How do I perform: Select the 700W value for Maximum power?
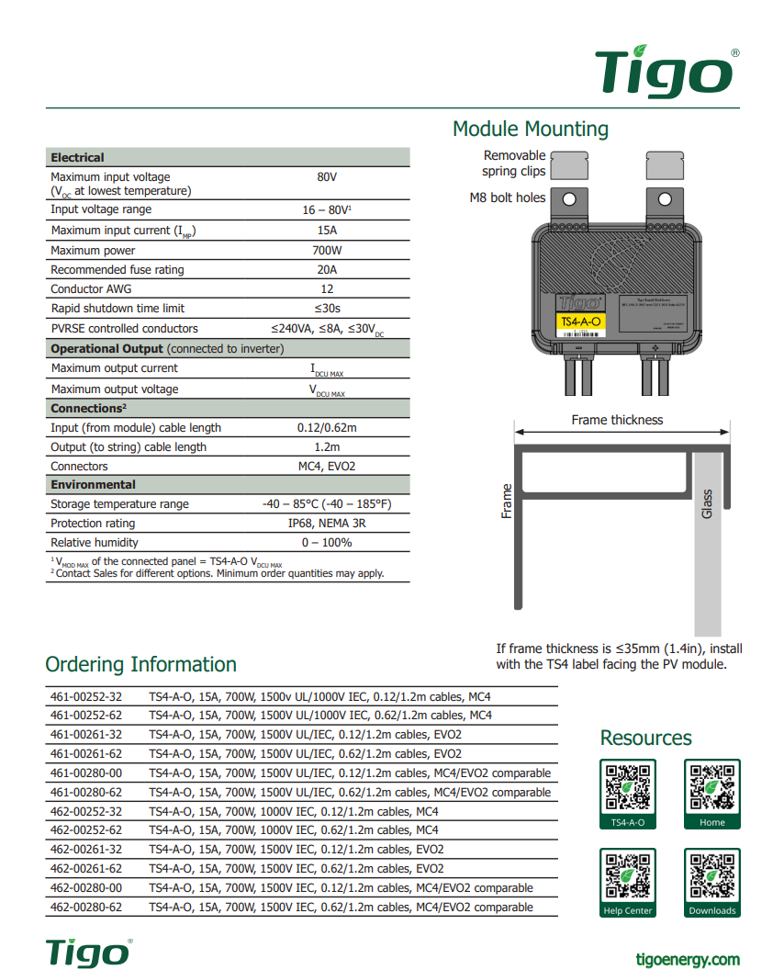(327, 251)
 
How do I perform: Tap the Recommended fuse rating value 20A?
(327, 270)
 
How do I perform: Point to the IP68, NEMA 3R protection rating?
(327, 524)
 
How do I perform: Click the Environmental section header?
(93, 485)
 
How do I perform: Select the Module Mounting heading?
(530, 129)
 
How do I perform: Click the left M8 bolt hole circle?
(569, 198)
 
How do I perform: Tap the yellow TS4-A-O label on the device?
(580, 321)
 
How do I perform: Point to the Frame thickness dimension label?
(617, 420)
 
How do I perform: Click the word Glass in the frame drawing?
(707, 503)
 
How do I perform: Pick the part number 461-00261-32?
(85, 735)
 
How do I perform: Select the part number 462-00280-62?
(85, 908)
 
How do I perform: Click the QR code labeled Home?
(711, 788)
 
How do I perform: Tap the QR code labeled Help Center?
(628, 876)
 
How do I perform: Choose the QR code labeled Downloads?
(711, 876)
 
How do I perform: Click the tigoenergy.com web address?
(688, 959)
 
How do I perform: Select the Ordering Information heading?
(140, 664)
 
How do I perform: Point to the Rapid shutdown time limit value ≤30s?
(327, 309)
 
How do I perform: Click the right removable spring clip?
(666, 166)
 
